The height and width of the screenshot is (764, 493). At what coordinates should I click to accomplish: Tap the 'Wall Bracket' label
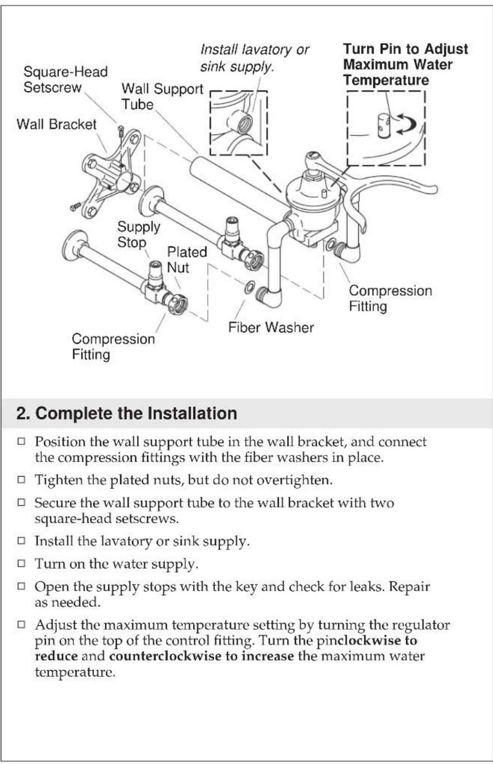pos(56,124)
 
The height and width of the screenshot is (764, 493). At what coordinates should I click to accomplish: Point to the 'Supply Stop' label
pos(138,235)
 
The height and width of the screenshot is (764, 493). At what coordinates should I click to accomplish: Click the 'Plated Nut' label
pos(187,260)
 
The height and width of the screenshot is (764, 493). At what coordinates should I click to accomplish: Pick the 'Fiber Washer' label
pos(271,327)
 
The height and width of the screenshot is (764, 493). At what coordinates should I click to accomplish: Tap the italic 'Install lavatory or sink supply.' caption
pos(255,59)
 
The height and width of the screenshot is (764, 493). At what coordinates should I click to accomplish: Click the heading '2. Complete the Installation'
pos(126,414)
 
